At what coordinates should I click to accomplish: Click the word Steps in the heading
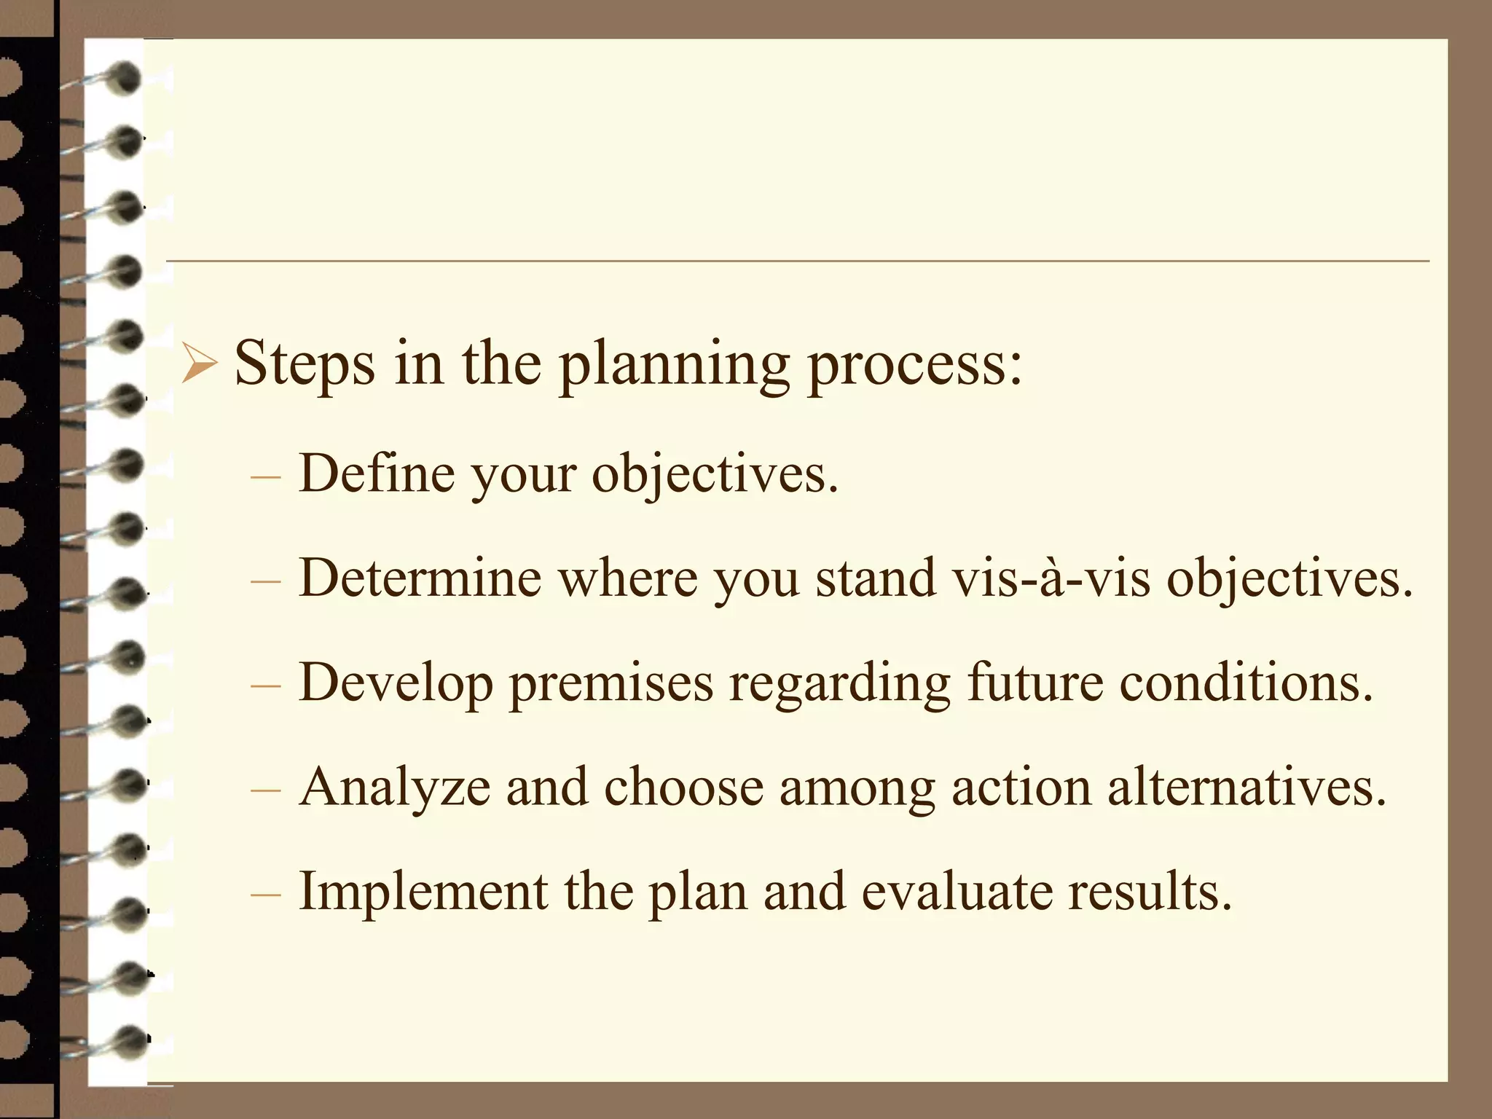coord(305,364)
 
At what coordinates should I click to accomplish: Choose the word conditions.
coord(1246,683)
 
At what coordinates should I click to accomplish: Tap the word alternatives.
coord(1246,787)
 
